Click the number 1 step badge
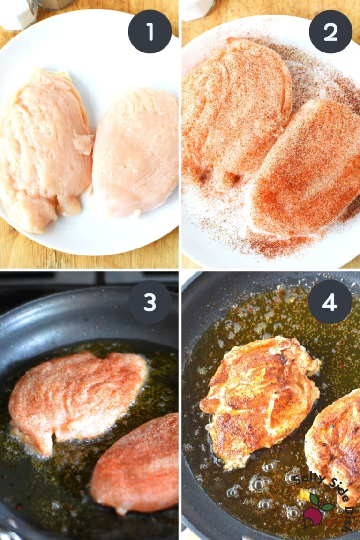[150, 31]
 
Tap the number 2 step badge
[330, 31]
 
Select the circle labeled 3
[150, 302]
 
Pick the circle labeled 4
[330, 302]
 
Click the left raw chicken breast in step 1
[45, 150]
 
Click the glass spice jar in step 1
[54, 4]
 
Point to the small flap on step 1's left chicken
[83, 143]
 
